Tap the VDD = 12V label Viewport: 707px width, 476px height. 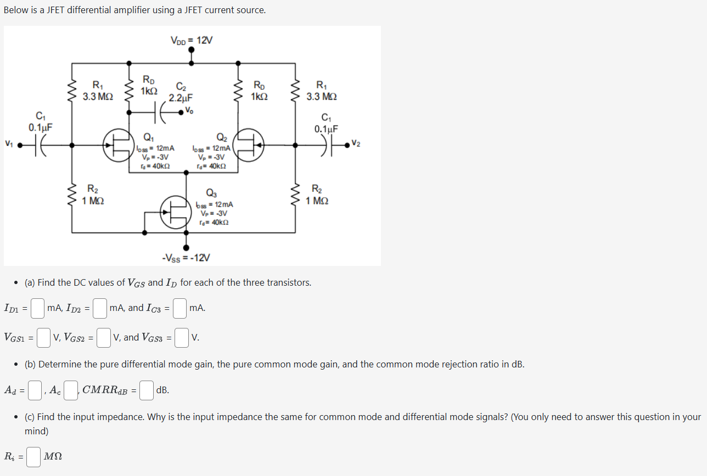191,40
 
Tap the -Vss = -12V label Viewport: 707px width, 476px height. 186,258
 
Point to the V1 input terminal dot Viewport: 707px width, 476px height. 19,145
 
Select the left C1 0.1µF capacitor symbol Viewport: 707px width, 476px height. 40,145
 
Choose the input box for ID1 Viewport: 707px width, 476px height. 37,308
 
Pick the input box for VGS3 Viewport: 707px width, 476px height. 183,338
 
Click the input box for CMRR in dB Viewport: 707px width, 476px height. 146,390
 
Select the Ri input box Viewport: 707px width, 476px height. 33,457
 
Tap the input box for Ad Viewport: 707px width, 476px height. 35,390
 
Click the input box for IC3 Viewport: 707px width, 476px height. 180,308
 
